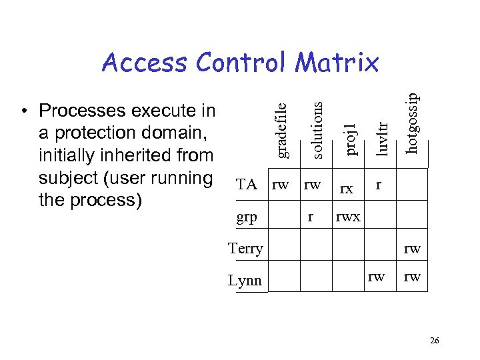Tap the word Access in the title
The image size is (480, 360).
(145, 63)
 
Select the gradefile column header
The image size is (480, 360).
(282, 129)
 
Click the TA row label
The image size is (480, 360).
(247, 185)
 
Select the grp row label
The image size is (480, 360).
(247, 217)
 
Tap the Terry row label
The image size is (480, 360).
(245, 249)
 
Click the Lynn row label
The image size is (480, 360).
(245, 281)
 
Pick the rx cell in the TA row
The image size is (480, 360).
(346, 189)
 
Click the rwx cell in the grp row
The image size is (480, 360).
(348, 216)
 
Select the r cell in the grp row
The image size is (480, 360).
(309, 216)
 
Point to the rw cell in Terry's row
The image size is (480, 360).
(412, 249)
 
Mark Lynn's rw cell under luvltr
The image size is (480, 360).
(376, 276)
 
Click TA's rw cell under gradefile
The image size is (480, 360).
(280, 184)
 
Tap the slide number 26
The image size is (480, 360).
(434, 341)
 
